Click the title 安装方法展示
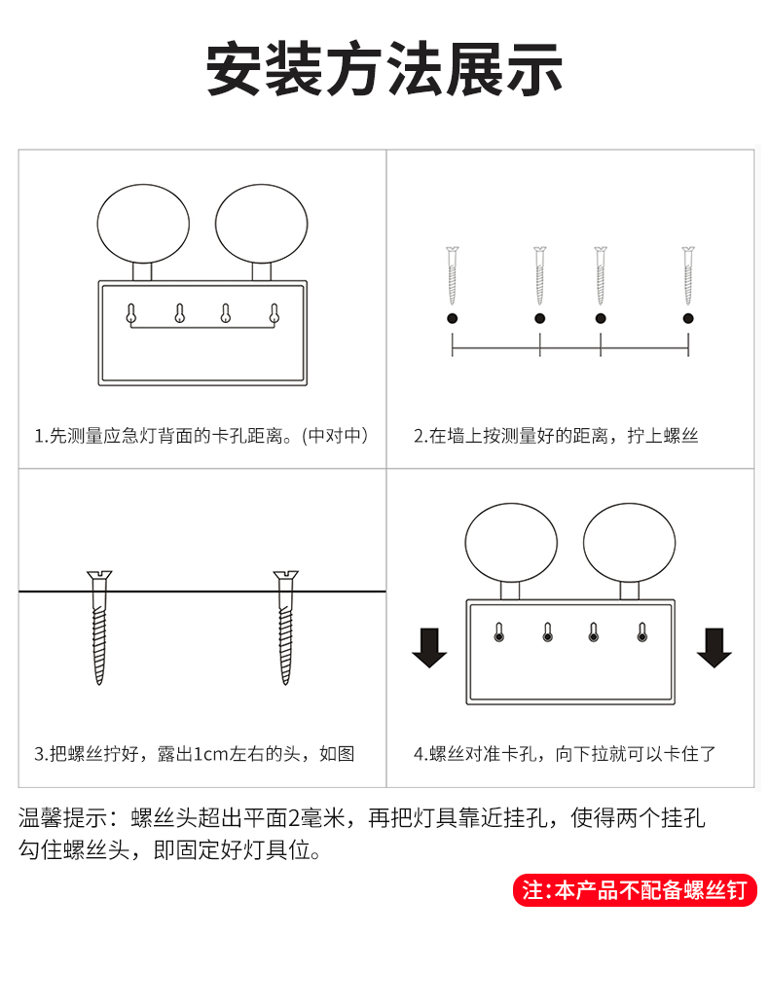tap(384, 69)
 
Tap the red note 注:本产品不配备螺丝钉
tap(635, 891)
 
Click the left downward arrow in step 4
tap(429, 648)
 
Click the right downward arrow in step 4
tap(714, 648)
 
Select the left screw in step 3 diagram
tap(99, 628)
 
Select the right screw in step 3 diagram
tap(285, 628)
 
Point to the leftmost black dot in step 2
tap(453, 318)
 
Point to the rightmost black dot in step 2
tap(688, 318)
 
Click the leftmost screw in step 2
tap(453, 275)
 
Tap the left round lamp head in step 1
tap(143, 224)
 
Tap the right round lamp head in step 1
tap(262, 224)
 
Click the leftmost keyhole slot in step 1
tap(131, 313)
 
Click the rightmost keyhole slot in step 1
tap(275, 313)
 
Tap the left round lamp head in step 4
tap(511, 543)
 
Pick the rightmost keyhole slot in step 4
tap(641, 632)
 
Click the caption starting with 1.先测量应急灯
tap(201, 436)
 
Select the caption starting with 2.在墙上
tap(556, 436)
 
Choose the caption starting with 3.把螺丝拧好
tap(194, 753)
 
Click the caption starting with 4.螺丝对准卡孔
tap(565, 753)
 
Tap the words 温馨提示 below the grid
tap(62, 818)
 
